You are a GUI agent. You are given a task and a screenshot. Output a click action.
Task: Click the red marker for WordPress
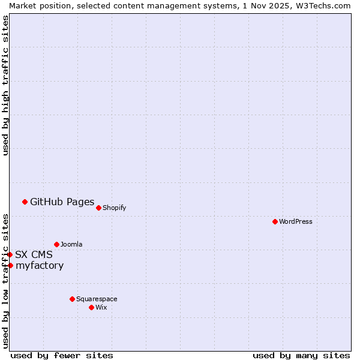(275, 221)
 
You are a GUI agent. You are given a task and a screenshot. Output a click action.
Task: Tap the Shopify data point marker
(98, 208)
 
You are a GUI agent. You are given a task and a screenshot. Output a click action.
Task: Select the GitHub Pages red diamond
(25, 202)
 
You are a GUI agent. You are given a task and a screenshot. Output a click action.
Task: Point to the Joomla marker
(56, 244)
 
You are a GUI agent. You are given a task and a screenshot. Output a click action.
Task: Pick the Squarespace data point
(72, 299)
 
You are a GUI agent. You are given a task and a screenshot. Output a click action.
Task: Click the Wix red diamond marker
(91, 307)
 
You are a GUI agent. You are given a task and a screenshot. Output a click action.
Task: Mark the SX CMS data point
(10, 254)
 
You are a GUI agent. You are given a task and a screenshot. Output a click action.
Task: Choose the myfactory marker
(10, 265)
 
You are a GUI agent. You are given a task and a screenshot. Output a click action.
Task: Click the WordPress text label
(296, 221)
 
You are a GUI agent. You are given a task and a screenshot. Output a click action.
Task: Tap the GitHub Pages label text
(62, 202)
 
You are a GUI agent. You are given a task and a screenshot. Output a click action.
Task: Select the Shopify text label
(114, 208)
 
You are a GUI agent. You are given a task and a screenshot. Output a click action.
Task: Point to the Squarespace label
(97, 299)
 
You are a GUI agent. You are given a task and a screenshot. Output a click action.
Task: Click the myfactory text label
(40, 265)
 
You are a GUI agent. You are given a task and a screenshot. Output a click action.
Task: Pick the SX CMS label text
(34, 254)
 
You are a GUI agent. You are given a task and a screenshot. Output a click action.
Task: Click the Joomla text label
(71, 244)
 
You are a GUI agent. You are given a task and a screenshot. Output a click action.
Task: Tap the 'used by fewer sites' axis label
(62, 355)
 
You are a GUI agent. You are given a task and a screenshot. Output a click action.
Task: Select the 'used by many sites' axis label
(301, 355)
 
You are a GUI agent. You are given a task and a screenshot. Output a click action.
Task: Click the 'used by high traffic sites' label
(6, 85)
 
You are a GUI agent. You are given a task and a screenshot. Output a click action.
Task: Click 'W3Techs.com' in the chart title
(322, 5)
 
